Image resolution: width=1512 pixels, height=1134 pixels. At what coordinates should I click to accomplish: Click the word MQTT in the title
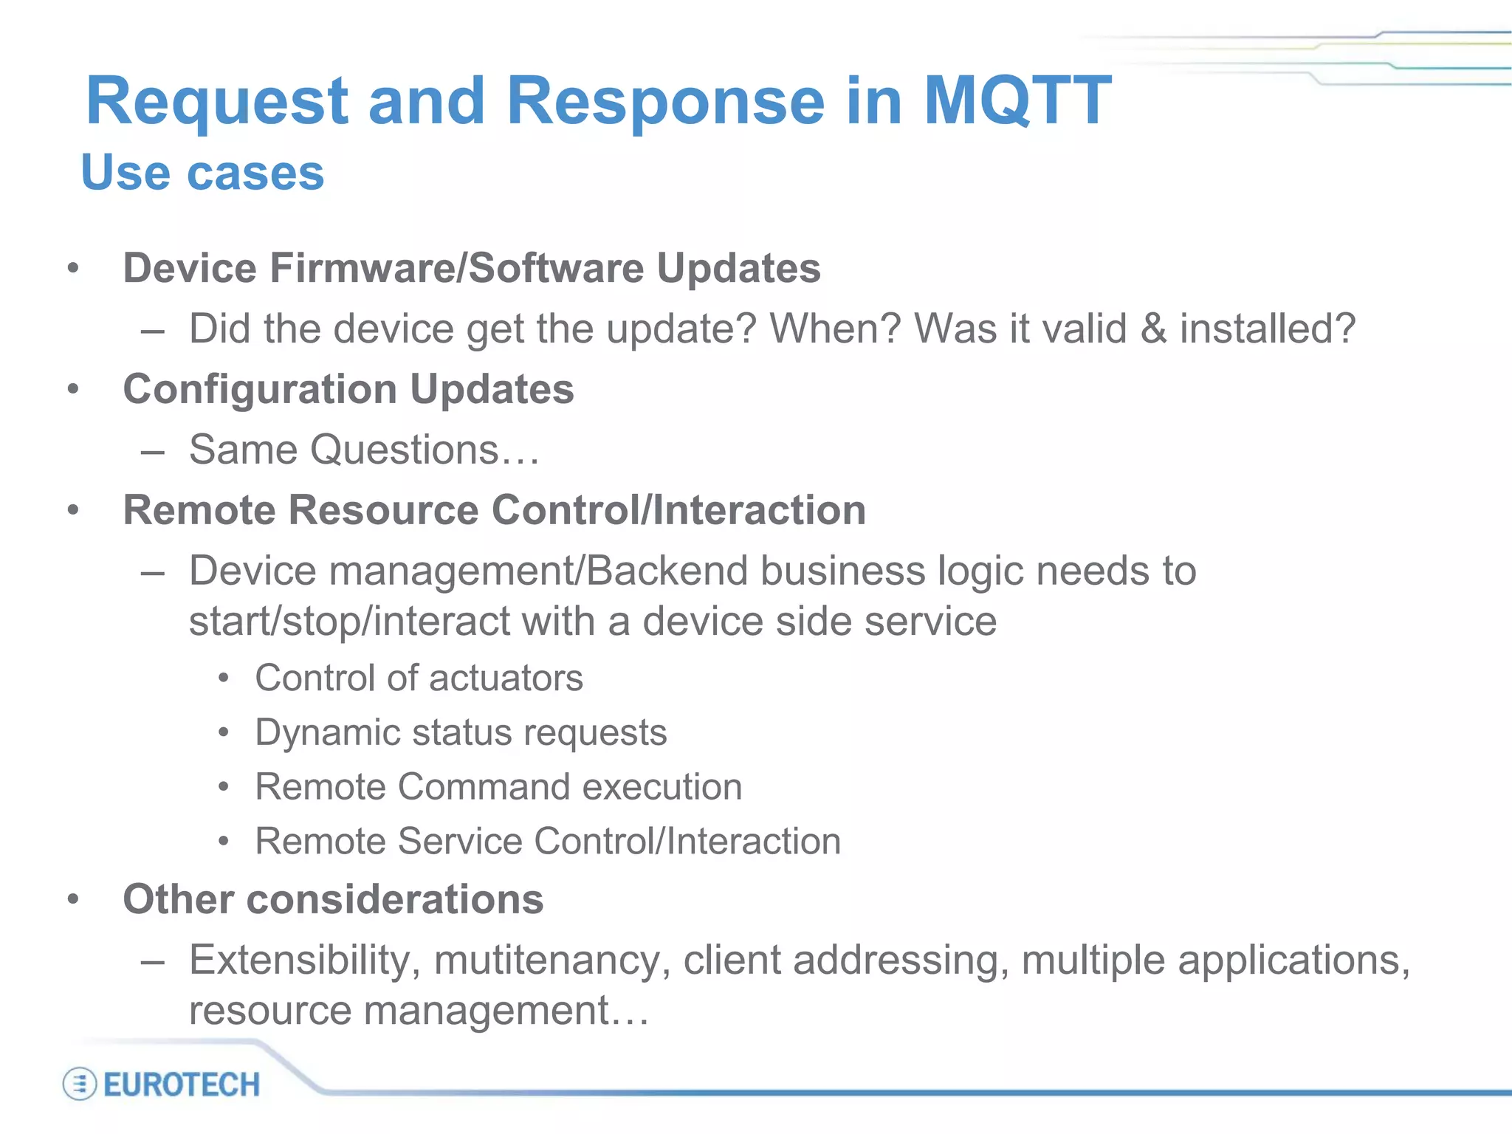click(1017, 101)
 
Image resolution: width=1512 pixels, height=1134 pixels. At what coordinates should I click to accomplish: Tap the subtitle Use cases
click(202, 173)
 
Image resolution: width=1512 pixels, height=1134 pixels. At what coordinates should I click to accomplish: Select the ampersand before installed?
click(1152, 329)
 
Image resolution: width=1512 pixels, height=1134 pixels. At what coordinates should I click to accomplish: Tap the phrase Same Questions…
click(364, 450)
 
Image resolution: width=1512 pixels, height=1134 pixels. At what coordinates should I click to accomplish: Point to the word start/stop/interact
click(349, 621)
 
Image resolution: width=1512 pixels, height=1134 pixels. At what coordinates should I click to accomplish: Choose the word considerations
click(395, 899)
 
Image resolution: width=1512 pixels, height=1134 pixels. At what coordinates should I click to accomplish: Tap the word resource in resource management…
click(269, 1011)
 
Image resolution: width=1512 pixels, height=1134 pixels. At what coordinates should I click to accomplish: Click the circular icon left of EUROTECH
click(79, 1085)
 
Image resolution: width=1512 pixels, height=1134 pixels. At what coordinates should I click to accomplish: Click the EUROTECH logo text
click(182, 1085)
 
